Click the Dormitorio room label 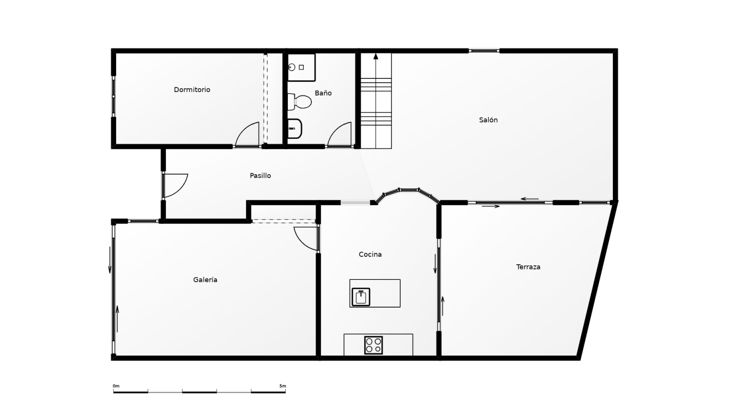pyautogui.click(x=192, y=90)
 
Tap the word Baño pyautogui.click(x=323, y=93)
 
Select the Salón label pyautogui.click(x=488, y=120)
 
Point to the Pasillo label pyautogui.click(x=261, y=176)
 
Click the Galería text pyautogui.click(x=205, y=279)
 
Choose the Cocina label pyautogui.click(x=370, y=255)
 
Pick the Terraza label pyautogui.click(x=528, y=267)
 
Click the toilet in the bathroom pyautogui.click(x=300, y=102)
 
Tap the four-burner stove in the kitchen pyautogui.click(x=373, y=345)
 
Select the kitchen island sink pyautogui.click(x=361, y=297)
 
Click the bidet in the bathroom pyautogui.click(x=295, y=129)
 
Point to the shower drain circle pyautogui.click(x=292, y=67)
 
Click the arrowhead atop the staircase pyautogui.click(x=376, y=56)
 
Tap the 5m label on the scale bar pyautogui.click(x=283, y=386)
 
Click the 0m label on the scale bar pyautogui.click(x=116, y=386)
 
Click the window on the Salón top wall pyautogui.click(x=484, y=51)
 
